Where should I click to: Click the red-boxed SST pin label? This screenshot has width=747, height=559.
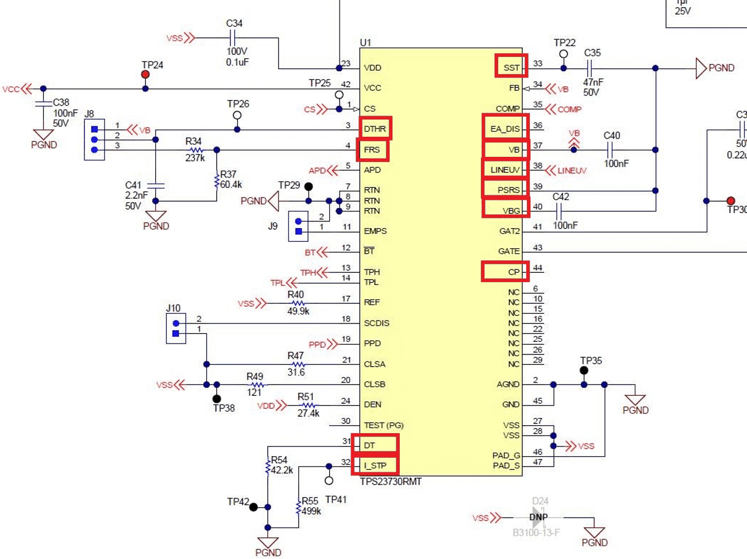click(511, 67)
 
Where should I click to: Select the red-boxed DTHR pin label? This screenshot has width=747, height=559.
click(375, 128)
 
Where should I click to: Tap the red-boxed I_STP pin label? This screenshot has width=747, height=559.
click(375, 465)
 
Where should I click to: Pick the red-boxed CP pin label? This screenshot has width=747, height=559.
click(505, 271)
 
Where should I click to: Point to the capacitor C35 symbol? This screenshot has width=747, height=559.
click(590, 68)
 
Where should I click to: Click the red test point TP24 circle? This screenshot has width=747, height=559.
click(145, 75)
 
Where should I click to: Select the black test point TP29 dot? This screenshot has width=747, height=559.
click(309, 187)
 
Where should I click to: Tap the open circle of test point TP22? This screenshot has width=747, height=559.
click(564, 54)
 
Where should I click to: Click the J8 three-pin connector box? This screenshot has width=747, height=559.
click(94, 140)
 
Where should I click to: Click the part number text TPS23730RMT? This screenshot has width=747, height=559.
click(391, 481)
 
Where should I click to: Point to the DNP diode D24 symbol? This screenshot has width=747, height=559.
click(538, 517)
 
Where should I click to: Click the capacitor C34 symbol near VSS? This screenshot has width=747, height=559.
click(233, 38)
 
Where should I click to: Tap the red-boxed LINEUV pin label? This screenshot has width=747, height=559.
click(505, 169)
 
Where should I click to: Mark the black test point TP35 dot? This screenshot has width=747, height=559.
click(584, 371)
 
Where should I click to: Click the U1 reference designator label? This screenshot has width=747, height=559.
click(365, 43)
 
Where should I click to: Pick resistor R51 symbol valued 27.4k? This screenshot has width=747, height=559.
click(309, 405)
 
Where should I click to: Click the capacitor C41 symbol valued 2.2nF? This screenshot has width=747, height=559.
click(156, 186)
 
